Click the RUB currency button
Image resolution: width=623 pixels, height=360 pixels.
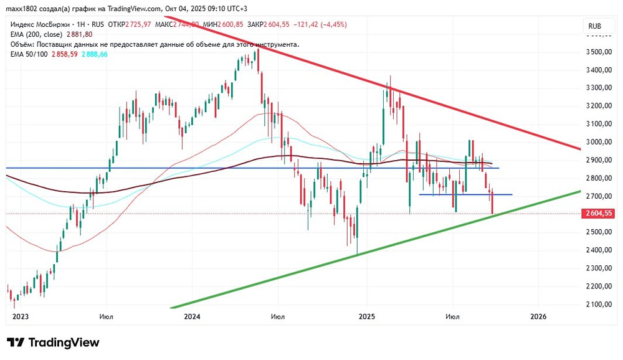[595, 26]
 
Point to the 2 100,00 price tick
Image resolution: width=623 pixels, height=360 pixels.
[600, 304]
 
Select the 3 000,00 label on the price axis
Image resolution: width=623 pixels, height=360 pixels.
[600, 142]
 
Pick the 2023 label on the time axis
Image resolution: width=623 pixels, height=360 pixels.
[20, 316]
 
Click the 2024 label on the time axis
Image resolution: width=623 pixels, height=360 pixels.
[192, 316]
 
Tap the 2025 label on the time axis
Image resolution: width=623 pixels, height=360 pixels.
[366, 316]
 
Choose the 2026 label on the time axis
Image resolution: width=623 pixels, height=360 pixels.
[538, 316]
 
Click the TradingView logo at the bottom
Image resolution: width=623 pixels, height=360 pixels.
[53, 343]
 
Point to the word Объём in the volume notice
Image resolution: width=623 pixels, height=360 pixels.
[23, 44]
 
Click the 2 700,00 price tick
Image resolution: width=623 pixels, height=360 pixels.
[600, 196]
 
